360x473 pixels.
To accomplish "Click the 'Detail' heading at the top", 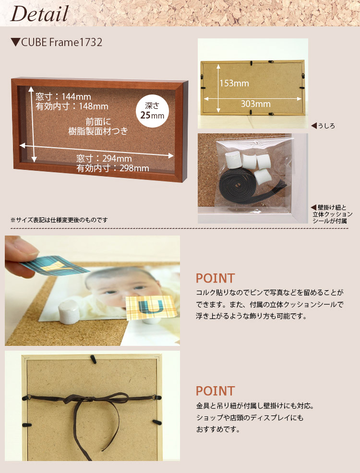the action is click(39, 14).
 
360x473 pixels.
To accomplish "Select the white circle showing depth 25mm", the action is click(152, 111).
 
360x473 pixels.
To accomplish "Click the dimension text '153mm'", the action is click(234, 83).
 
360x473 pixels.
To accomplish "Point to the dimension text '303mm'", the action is click(255, 104).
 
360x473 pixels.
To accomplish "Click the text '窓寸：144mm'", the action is click(63, 96).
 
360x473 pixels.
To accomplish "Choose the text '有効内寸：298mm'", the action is click(112, 168).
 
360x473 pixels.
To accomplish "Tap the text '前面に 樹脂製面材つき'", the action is click(98, 126).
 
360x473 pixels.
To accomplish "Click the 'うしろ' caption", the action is click(323, 126).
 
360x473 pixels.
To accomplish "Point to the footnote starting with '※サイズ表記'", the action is click(59, 220).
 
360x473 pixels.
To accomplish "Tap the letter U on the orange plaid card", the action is click(151, 306).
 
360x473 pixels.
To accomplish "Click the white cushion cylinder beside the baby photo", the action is click(69, 312).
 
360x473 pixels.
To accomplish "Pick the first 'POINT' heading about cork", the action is click(215, 278).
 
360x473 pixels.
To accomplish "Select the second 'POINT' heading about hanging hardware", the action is click(215, 391).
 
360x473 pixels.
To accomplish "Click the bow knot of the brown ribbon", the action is click(91, 399).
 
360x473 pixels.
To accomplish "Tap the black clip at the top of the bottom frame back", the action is click(93, 359).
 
